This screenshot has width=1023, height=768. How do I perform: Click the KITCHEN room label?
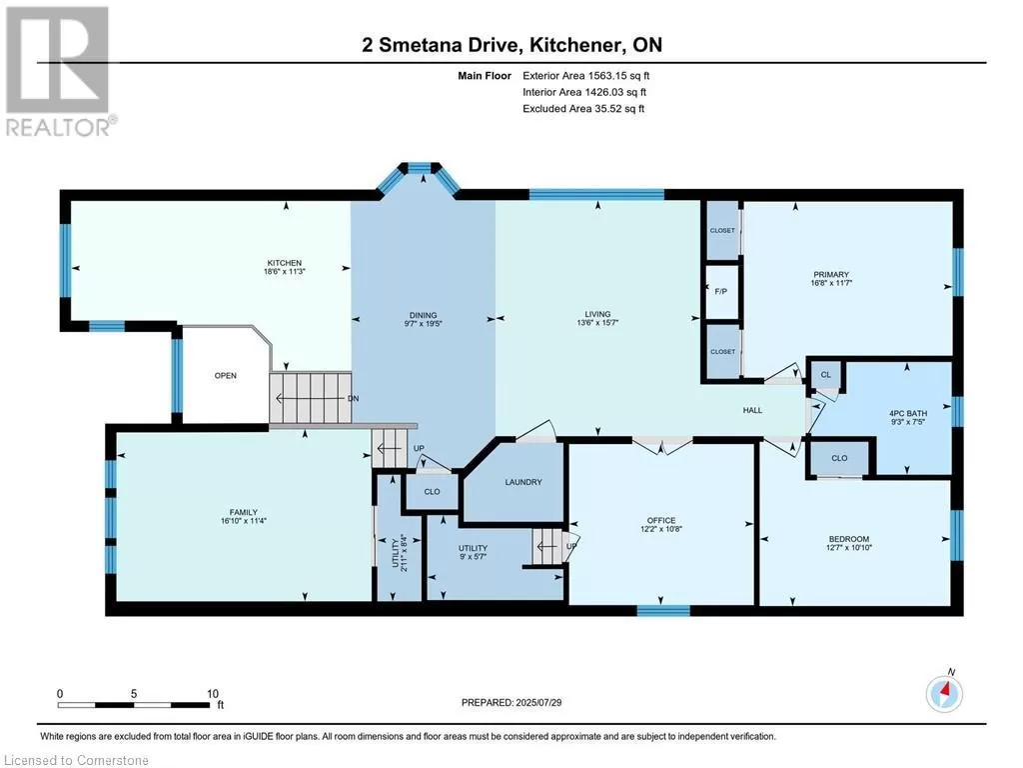285,263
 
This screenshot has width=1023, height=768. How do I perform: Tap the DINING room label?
424,315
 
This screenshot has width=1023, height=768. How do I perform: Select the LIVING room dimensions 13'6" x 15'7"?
597,323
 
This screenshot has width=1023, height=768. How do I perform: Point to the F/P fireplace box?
722,291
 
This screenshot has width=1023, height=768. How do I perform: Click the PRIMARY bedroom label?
831,274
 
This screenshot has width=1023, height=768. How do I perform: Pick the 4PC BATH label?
908,413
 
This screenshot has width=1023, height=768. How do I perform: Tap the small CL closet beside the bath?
826,375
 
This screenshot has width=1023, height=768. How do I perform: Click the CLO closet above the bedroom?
839,458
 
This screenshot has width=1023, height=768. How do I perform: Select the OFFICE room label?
661,520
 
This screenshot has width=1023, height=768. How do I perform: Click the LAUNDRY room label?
523,482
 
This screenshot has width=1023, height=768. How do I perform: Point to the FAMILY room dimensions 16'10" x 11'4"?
244,521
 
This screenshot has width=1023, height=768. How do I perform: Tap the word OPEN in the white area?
226,376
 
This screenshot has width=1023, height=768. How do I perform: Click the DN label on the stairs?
353,398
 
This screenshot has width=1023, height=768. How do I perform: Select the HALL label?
752,410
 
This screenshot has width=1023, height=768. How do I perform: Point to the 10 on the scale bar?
213,694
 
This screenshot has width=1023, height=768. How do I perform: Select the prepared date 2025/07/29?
538,703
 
